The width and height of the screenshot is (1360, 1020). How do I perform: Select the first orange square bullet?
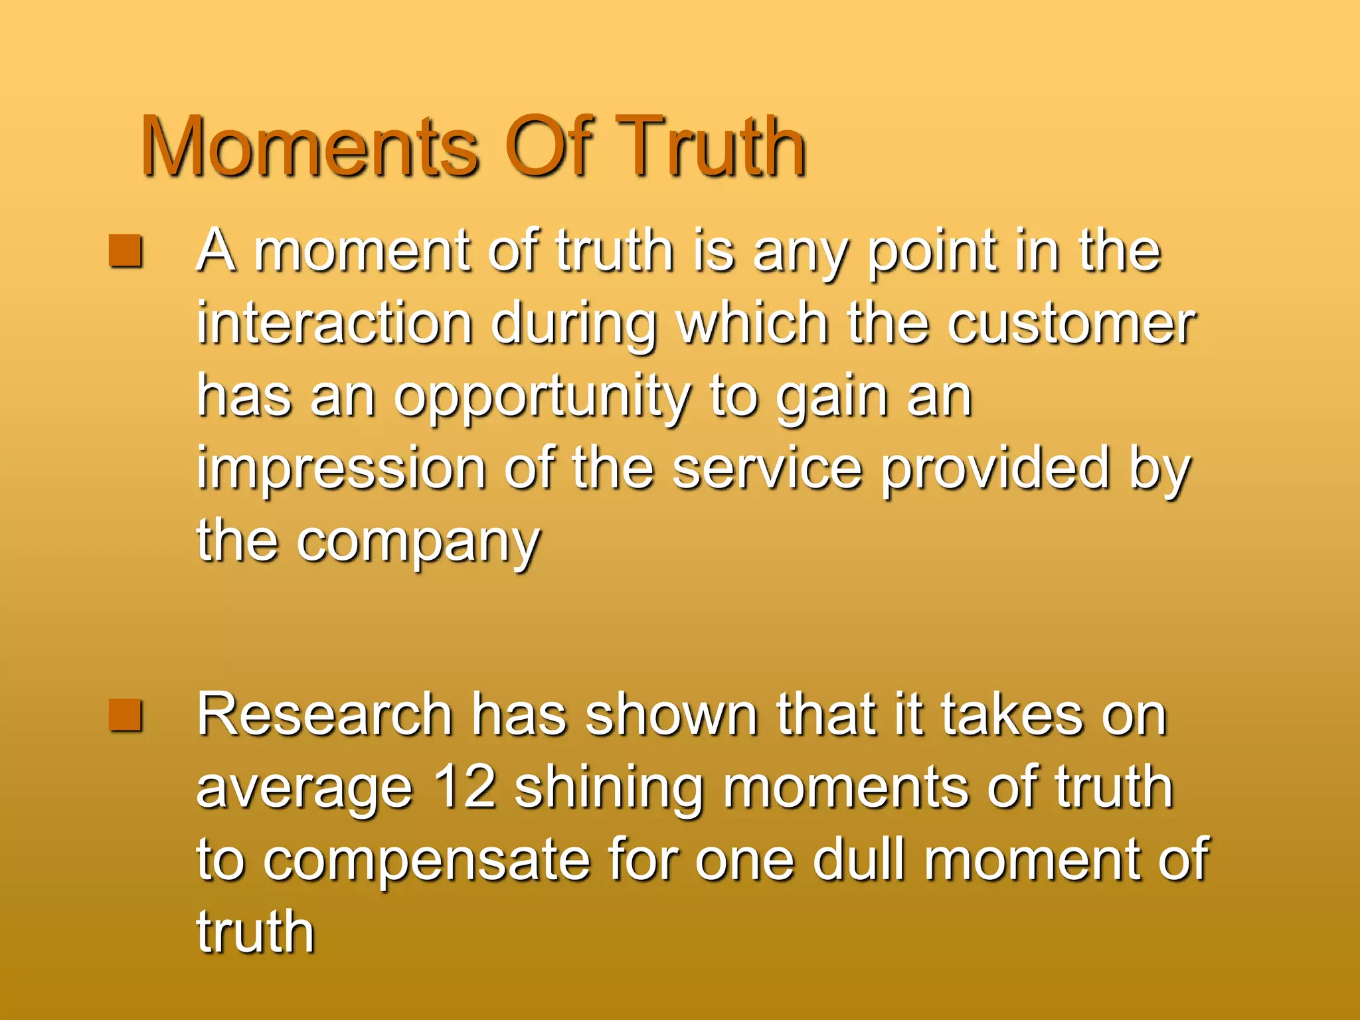[126, 251]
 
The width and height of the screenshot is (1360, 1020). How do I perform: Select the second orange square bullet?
[126, 715]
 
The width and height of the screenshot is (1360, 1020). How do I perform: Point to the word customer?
[1070, 324]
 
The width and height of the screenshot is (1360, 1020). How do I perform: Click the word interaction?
[334, 324]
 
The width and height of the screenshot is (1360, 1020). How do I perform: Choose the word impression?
[341, 470]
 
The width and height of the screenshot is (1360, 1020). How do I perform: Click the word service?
[767, 470]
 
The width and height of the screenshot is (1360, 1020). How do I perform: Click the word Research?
[324, 715]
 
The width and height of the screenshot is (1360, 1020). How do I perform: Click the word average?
[305, 790]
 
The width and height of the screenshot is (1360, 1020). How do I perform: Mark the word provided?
[996, 470]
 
